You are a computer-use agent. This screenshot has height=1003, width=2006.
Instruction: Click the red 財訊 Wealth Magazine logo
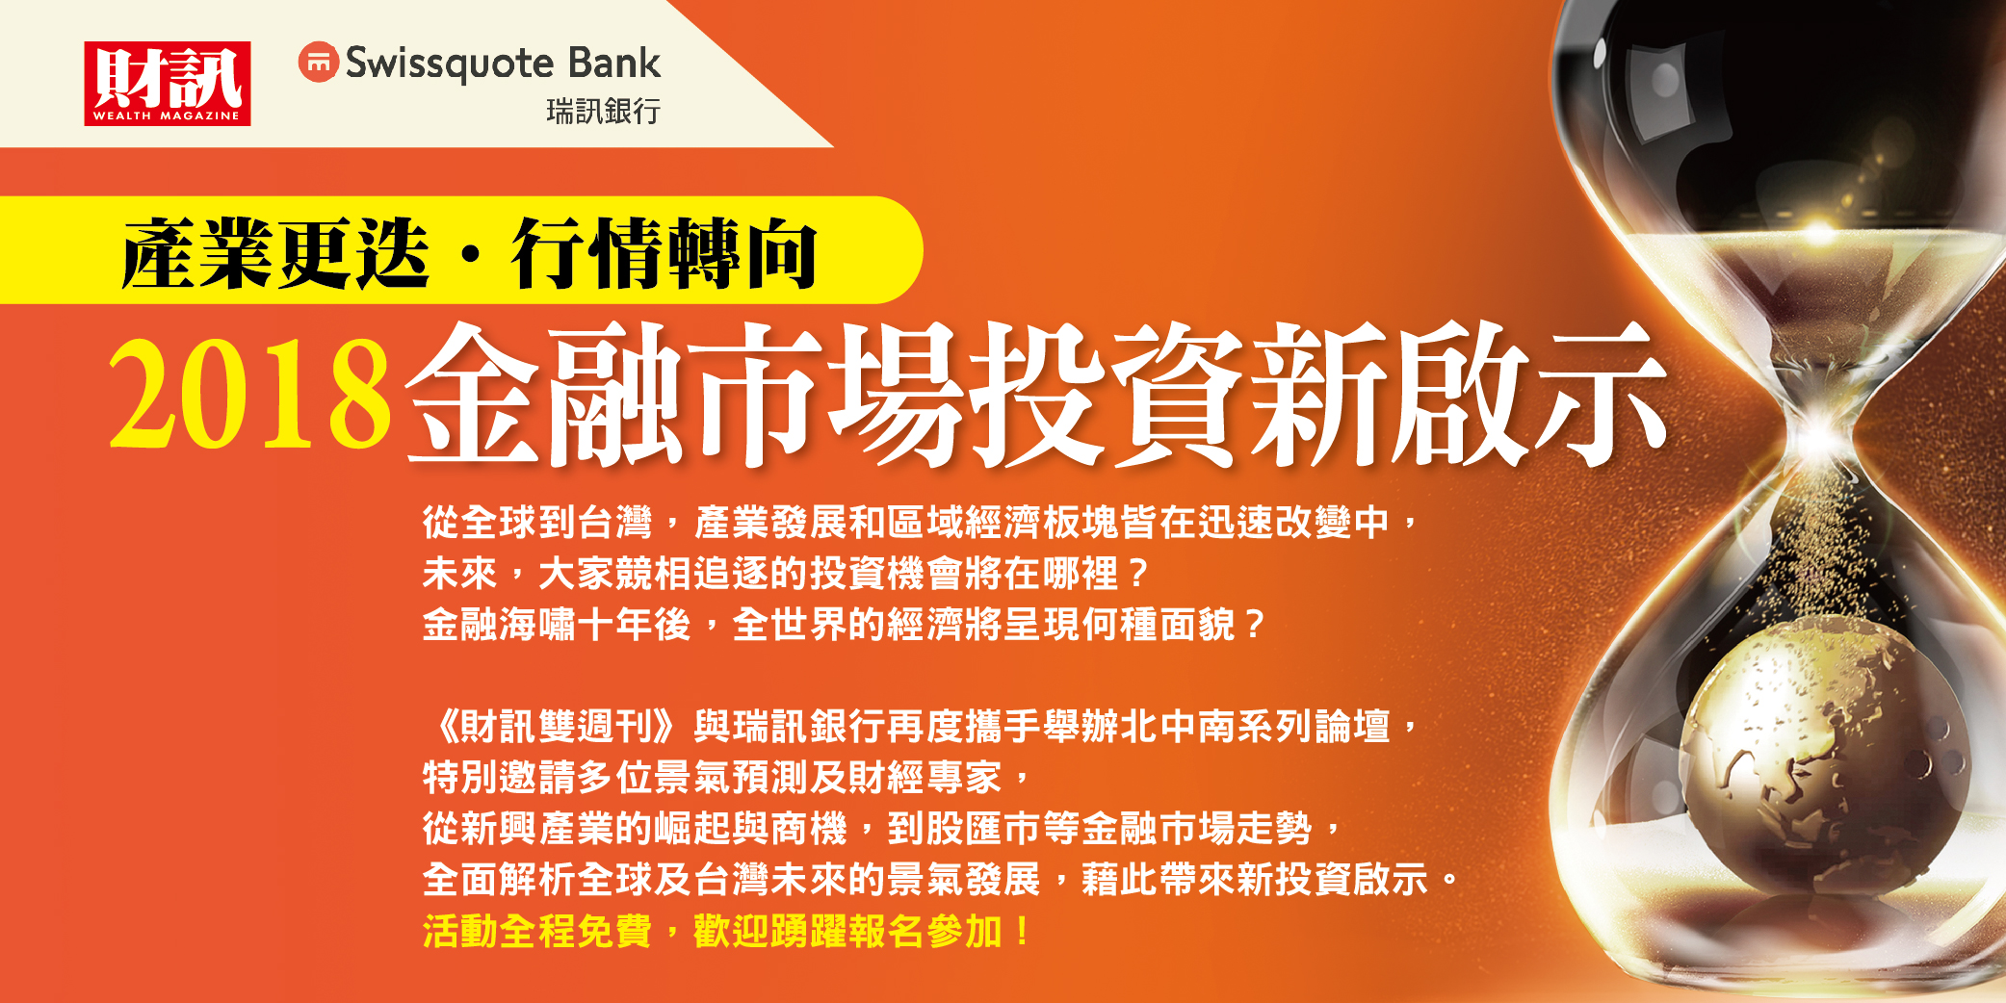pyautogui.click(x=168, y=84)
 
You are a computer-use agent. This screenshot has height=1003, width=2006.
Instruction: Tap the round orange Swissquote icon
pyautogui.click(x=318, y=63)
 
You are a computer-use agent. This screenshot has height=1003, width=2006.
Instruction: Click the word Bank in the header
pyautogui.click(x=613, y=64)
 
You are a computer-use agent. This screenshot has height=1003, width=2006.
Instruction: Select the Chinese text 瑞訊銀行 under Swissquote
pyautogui.click(x=603, y=112)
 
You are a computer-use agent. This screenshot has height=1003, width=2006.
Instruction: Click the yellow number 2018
pyautogui.click(x=249, y=395)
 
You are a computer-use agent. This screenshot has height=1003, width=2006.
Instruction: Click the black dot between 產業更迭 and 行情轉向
pyautogui.click(x=470, y=254)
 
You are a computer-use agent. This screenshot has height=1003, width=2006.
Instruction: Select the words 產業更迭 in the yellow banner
pyautogui.click(x=275, y=253)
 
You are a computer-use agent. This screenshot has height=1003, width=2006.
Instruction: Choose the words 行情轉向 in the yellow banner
pyautogui.click(x=664, y=253)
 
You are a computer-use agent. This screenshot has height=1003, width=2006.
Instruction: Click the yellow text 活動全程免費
pyautogui.click(x=537, y=932)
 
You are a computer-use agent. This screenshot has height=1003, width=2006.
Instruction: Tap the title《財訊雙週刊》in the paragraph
pyautogui.click(x=558, y=727)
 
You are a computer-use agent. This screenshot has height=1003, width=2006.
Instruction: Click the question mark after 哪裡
pyautogui.click(x=1139, y=575)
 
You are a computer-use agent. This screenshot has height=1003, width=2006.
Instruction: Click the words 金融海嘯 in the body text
pyautogui.click(x=499, y=626)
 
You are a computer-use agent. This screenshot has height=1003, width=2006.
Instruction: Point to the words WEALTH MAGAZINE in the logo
pyautogui.click(x=167, y=116)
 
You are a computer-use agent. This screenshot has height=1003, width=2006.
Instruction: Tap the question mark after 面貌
pyautogui.click(x=1254, y=626)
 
